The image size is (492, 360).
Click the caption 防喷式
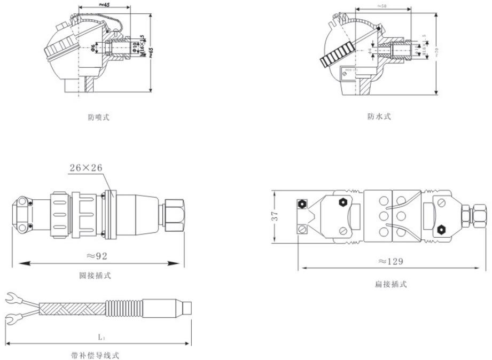99,117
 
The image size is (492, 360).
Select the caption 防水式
379,116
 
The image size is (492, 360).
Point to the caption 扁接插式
391,284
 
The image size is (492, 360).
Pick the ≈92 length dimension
97,256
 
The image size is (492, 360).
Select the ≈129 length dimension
390,261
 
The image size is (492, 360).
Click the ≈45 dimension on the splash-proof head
105,5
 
